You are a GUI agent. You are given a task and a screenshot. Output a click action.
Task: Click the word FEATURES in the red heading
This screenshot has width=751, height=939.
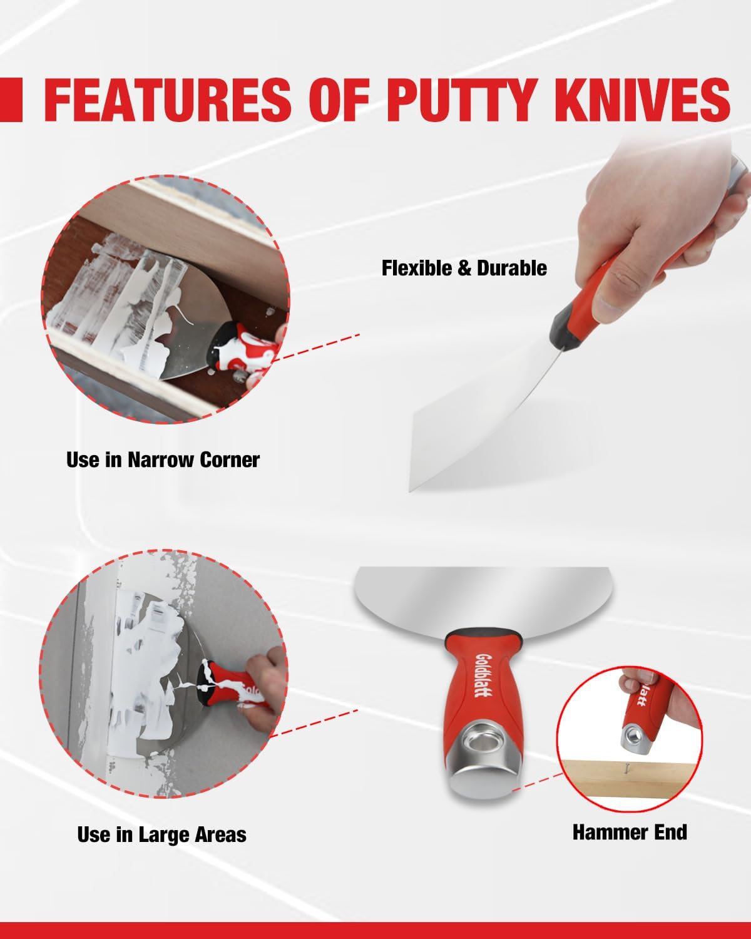(168, 100)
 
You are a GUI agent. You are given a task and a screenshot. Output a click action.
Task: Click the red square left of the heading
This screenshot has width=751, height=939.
(11, 100)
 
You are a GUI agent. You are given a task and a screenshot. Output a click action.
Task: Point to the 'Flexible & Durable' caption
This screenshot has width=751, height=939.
(464, 268)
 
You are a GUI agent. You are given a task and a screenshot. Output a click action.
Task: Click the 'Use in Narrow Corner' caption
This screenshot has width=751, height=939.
(163, 460)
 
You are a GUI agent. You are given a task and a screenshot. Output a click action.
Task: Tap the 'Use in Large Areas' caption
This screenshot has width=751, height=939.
(161, 834)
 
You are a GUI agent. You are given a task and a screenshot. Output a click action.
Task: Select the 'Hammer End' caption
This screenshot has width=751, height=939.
(630, 832)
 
